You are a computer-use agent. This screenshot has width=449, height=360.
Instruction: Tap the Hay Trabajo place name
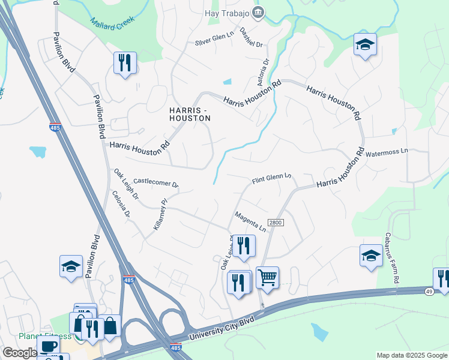(227, 11)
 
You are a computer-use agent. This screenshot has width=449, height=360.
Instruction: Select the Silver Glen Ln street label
(214, 39)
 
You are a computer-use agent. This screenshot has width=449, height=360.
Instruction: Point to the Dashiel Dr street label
(251, 37)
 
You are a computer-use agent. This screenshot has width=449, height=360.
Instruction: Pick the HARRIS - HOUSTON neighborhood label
(189, 114)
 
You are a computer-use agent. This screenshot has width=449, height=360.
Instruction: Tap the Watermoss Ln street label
(386, 152)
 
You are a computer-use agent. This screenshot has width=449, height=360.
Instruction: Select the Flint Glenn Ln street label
(271, 178)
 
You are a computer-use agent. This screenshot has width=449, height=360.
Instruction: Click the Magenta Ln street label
(250, 221)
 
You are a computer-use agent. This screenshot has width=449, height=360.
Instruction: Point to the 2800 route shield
(276, 223)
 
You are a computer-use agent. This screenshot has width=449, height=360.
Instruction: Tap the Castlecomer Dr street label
(156, 182)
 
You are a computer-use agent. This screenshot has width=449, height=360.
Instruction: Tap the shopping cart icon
(267, 278)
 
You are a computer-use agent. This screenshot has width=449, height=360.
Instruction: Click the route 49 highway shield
(430, 292)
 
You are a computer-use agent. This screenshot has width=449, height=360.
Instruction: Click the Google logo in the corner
(19, 353)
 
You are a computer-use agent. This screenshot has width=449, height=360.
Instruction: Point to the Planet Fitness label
(38, 335)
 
